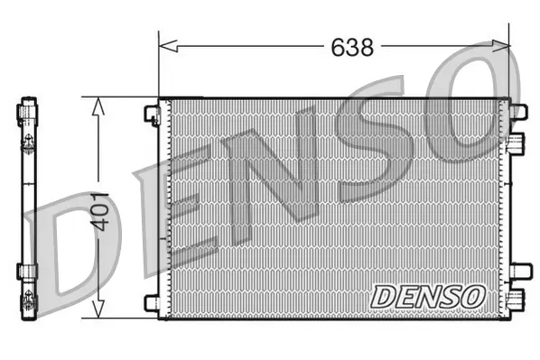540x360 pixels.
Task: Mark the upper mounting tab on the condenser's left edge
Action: (152, 113)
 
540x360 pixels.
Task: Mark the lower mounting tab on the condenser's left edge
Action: (152, 302)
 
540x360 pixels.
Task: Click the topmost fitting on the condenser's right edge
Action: (517, 111)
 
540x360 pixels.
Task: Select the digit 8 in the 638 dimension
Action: (368, 48)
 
